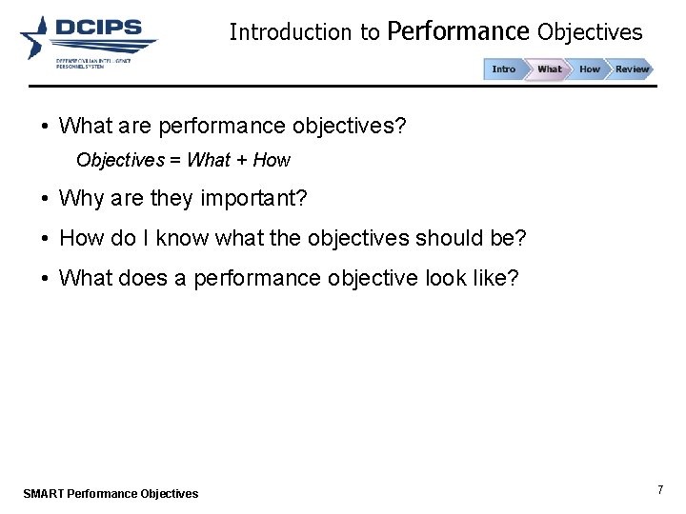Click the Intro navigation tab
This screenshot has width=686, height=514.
click(x=504, y=69)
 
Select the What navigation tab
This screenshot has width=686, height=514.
click(x=550, y=69)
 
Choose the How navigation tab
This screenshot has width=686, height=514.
click(x=590, y=69)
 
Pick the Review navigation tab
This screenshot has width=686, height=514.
click(x=632, y=69)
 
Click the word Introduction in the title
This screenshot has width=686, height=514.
click(x=291, y=32)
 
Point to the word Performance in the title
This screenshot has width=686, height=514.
click(x=458, y=32)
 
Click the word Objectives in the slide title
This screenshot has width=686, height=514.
click(x=590, y=32)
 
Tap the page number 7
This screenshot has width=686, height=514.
click(x=660, y=489)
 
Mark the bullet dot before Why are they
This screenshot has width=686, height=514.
click(x=45, y=199)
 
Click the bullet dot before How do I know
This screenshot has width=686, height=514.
click(x=45, y=238)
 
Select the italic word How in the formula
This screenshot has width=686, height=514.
click(x=272, y=160)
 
